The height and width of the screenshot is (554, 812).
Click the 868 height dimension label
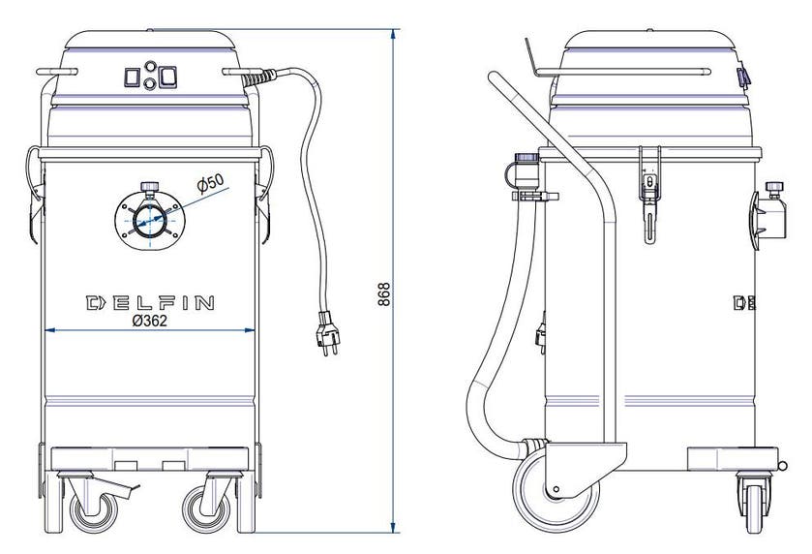click(x=383, y=293)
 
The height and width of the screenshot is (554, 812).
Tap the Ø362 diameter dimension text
click(x=150, y=321)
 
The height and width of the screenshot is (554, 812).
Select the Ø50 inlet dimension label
click(x=211, y=183)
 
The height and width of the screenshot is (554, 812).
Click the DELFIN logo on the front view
click(x=150, y=302)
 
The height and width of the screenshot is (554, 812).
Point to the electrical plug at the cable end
click(x=327, y=333)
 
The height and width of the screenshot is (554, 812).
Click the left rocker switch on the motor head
click(x=132, y=77)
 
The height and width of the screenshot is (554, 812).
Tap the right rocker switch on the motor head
click(x=167, y=77)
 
